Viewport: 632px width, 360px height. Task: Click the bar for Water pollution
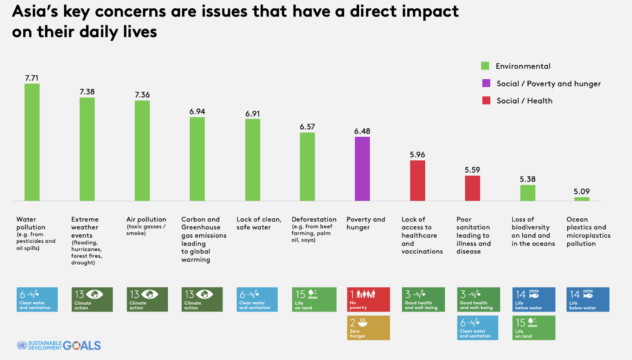32,142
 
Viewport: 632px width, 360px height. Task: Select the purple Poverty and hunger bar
362,169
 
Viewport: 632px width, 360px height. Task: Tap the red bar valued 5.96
418,180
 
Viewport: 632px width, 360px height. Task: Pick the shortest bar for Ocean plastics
582,199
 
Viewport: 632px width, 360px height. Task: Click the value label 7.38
87,92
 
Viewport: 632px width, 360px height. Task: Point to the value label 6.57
307,127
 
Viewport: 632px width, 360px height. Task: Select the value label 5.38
528,179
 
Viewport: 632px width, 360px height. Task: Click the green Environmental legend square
485,66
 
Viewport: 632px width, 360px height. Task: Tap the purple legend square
486,83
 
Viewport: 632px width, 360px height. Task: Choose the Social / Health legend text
525,101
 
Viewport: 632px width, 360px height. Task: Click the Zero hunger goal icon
368,328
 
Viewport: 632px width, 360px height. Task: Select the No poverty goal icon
368,300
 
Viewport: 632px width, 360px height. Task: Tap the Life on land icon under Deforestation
314,300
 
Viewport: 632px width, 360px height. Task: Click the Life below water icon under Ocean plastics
588,300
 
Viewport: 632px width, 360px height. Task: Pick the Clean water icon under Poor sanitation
478,328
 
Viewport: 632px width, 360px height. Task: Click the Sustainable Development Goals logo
59,345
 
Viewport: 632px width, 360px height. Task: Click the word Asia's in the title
35,11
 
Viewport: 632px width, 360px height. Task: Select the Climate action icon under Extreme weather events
92,300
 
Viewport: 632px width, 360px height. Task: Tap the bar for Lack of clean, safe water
253,160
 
